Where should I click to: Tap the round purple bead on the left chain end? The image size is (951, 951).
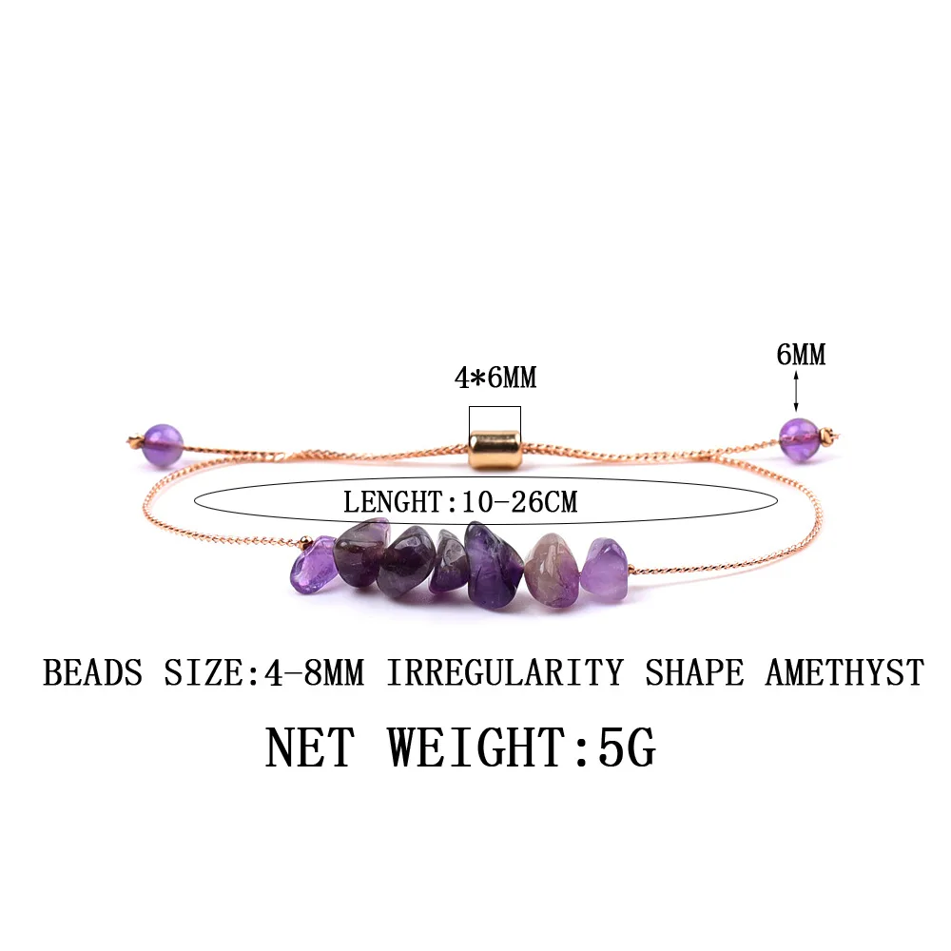[x=162, y=444]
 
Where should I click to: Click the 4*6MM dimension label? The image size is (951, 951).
[x=495, y=378]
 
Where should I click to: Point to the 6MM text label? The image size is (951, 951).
[x=801, y=355]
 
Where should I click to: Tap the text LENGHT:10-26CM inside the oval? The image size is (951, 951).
[x=460, y=501]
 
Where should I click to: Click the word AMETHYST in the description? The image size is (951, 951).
[x=844, y=673]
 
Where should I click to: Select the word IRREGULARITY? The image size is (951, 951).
[x=504, y=673]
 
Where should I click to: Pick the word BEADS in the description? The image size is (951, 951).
[x=92, y=673]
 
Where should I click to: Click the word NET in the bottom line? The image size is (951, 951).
[x=308, y=747]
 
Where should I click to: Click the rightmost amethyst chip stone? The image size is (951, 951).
[x=605, y=569]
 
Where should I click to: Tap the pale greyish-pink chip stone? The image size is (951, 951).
[x=551, y=569]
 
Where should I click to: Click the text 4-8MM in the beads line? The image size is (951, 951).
[x=305, y=673]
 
